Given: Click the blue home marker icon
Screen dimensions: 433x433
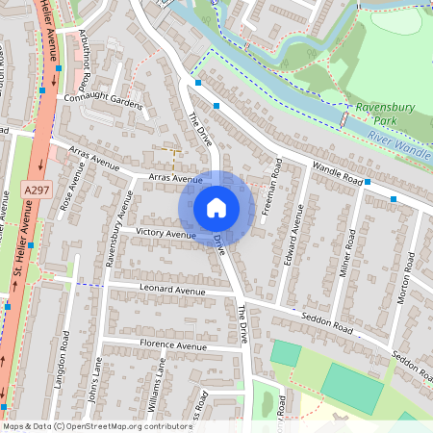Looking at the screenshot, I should point(216,208).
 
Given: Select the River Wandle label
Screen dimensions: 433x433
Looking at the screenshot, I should point(397,144).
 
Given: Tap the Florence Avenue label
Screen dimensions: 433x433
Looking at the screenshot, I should point(174,345).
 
